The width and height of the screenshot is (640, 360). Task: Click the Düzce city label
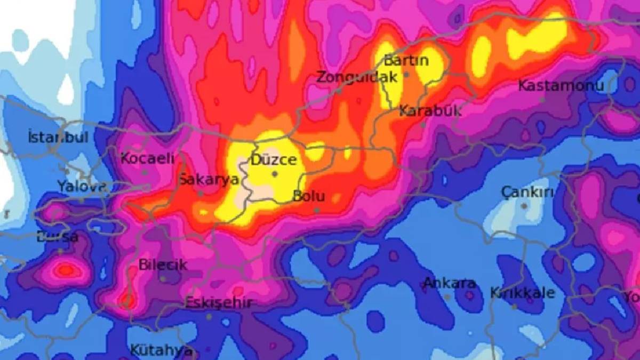coord(274,159)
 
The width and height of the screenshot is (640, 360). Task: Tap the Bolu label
coord(309,196)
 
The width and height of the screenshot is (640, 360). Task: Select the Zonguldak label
coord(357,77)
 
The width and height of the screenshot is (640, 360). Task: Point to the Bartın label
coord(406,60)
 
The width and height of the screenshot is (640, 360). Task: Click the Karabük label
coord(430,111)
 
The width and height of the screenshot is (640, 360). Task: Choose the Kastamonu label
coord(561,86)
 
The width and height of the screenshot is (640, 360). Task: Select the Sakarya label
coord(209,179)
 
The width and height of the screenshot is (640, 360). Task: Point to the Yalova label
coord(82,187)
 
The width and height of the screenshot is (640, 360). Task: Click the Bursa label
coord(57,237)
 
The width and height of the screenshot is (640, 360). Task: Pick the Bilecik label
coord(163,265)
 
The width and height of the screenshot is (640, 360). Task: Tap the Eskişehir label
coord(218,303)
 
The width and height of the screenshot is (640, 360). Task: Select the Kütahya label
coord(161,350)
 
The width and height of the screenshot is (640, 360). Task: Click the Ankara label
coord(449,283)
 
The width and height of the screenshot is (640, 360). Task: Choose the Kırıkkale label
coord(522,293)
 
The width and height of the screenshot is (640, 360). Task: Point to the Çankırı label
coord(527,193)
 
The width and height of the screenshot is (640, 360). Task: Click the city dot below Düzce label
coord(275,174)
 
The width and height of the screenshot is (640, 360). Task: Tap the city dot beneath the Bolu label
coord(317,210)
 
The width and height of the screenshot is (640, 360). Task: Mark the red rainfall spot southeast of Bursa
coord(66,270)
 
